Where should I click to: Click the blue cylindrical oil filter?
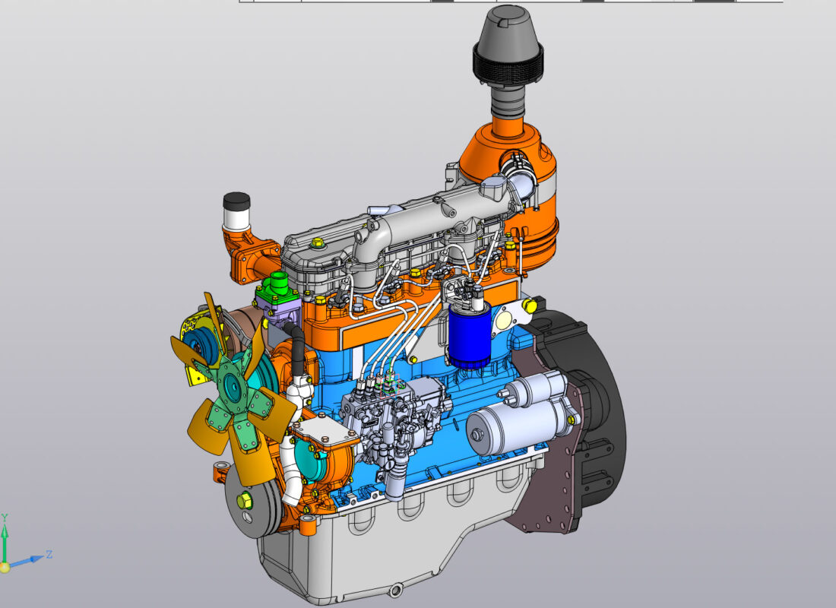(470, 337)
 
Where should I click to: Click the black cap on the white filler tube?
(236, 201)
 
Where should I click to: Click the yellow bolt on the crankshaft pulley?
(244, 500)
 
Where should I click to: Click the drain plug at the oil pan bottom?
(396, 591)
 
